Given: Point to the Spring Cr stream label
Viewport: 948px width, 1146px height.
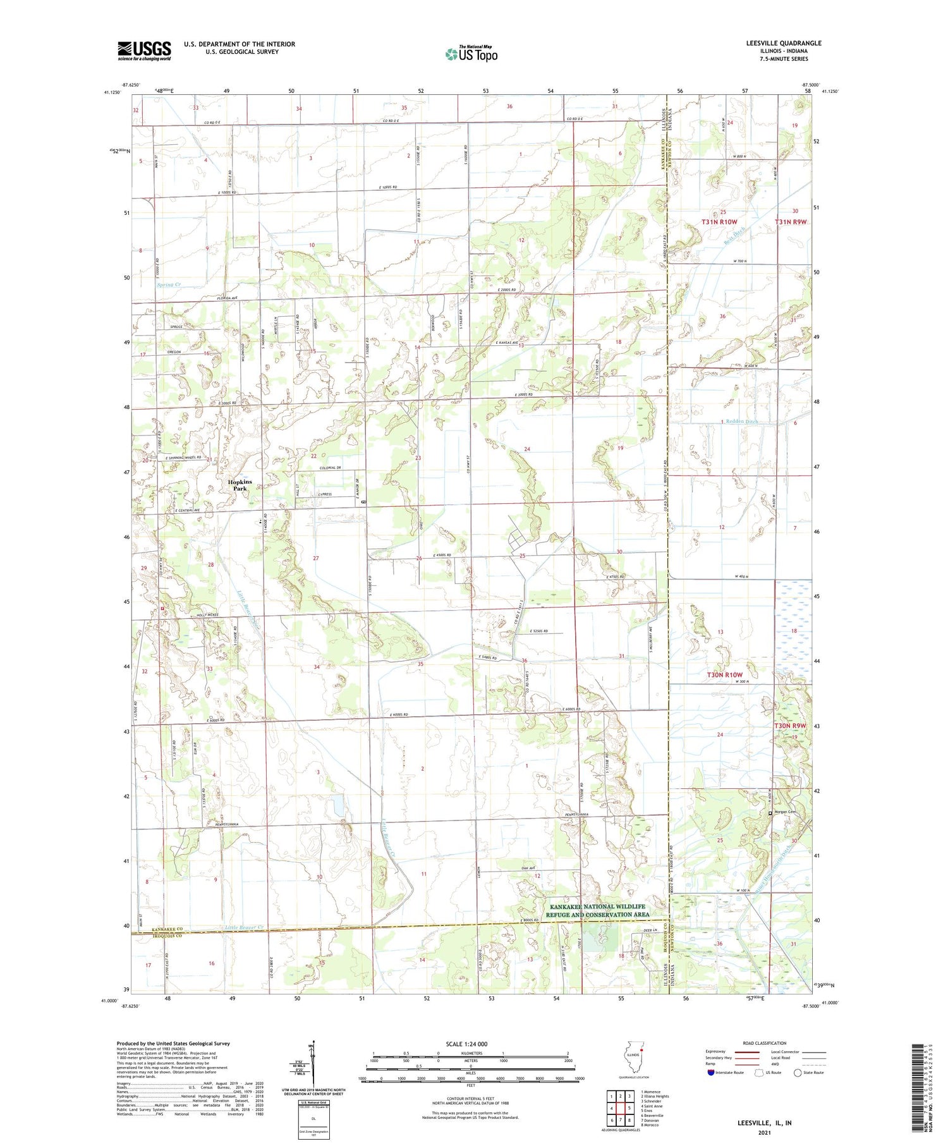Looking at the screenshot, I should tap(169, 285).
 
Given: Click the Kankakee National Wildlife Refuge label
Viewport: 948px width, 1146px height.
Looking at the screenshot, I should tap(596, 910).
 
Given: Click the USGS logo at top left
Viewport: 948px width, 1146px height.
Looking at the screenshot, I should tap(144, 51).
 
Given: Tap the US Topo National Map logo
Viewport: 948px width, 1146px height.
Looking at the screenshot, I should tap(471, 54).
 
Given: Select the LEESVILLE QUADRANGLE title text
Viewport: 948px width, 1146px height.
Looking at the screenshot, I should tap(784, 43).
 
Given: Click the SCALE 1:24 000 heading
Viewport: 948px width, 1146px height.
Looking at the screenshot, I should tap(470, 1044).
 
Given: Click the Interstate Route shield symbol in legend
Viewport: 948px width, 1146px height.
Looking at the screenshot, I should tap(711, 1073).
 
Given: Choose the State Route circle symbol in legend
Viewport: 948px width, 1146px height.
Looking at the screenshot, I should tap(798, 1073).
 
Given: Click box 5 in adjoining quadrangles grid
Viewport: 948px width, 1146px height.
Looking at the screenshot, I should tap(629, 1108).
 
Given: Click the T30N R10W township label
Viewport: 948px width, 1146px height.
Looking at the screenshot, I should tap(724, 674).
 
